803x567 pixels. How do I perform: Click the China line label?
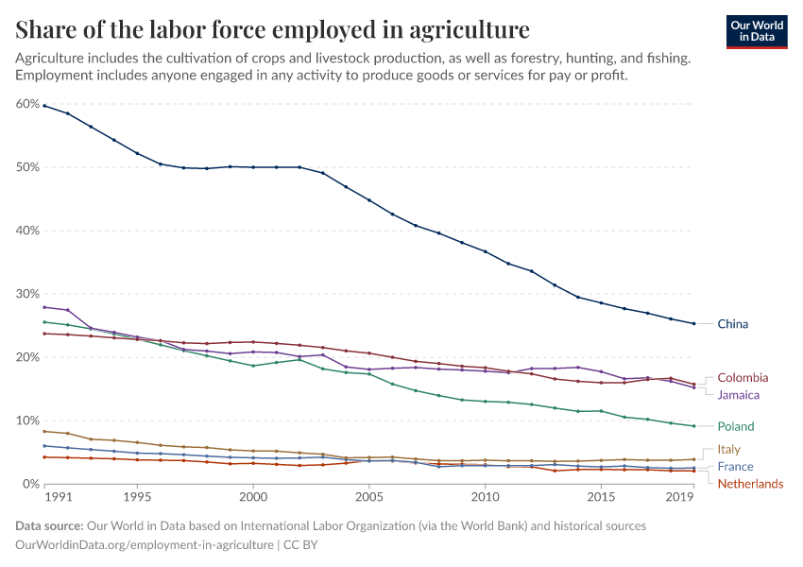click(732, 324)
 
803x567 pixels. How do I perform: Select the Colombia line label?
click(743, 378)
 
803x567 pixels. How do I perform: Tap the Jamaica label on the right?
click(739, 395)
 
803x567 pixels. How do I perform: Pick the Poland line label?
click(735, 427)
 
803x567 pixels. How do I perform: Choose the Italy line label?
click(728, 450)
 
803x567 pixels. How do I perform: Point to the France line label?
click(735, 467)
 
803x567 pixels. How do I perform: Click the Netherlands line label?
click(750, 484)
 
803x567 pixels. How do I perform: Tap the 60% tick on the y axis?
click(27, 104)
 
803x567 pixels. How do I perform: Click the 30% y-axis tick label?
click(27, 294)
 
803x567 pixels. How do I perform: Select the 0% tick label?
click(30, 484)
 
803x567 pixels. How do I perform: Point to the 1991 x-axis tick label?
click(58, 496)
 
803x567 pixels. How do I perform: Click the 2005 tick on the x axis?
click(368, 496)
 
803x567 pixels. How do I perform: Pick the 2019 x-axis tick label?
click(679, 496)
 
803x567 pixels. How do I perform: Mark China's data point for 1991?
click(44, 106)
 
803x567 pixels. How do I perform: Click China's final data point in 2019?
click(694, 324)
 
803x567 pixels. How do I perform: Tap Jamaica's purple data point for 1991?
click(44, 307)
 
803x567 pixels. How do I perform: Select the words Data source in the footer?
click(48, 525)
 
